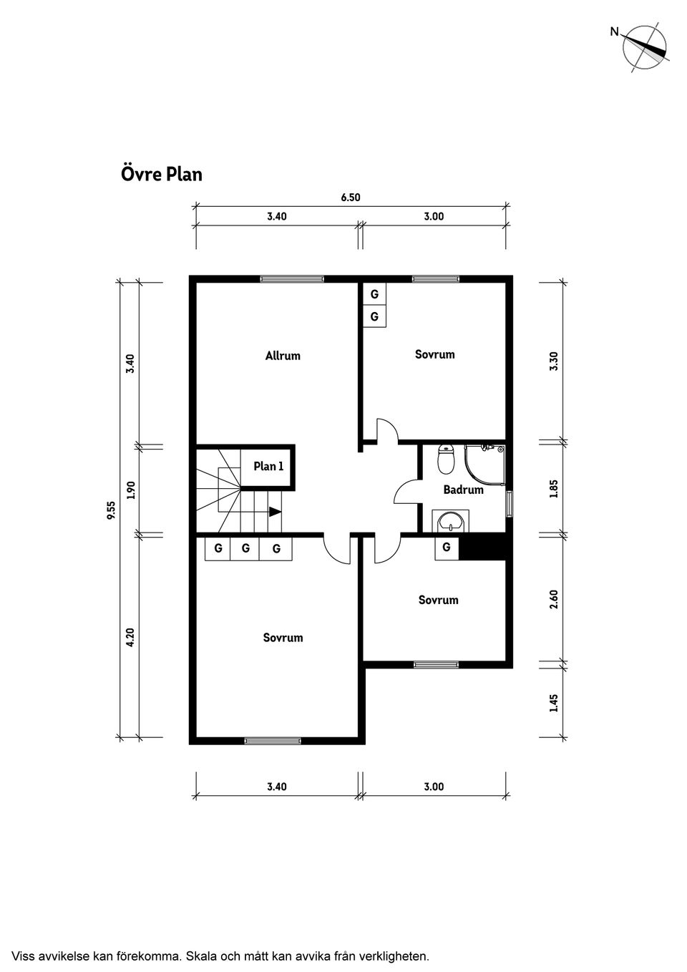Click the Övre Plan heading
click(161, 174)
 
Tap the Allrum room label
click(283, 356)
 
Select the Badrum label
click(463, 490)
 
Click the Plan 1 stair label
click(268, 467)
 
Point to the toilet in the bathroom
click(446, 459)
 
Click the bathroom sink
click(451, 521)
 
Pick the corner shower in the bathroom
click(485, 465)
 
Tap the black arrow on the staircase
click(275, 512)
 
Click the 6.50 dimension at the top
click(351, 198)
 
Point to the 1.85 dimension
click(553, 488)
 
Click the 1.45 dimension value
click(553, 703)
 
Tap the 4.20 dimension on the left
click(130, 638)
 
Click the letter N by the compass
click(614, 31)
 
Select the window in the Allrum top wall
click(292, 279)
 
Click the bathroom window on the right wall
click(510, 503)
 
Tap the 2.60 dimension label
click(553, 599)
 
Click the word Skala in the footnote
click(203, 956)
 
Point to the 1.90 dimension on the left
click(130, 490)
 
